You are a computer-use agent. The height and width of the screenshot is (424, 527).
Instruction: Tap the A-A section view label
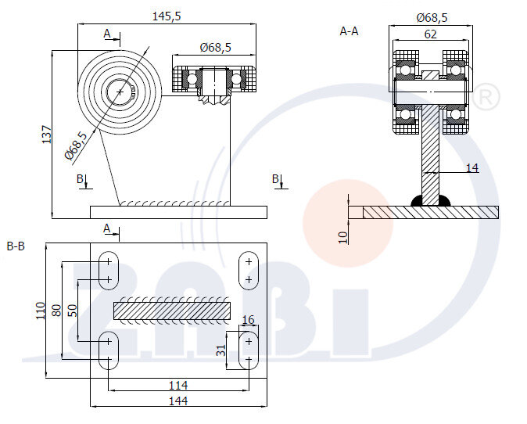pos(349,31)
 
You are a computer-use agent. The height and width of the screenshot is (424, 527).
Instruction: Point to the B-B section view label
pos(16,247)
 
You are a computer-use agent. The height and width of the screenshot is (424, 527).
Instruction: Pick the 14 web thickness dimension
pos(471,167)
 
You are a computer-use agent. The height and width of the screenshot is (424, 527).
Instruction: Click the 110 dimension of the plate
pos(41,311)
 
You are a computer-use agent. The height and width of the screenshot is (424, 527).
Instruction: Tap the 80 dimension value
pos(56,311)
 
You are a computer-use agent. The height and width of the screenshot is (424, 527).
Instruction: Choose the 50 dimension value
pos(73,311)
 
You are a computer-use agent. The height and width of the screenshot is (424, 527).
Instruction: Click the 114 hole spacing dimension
pos(177,384)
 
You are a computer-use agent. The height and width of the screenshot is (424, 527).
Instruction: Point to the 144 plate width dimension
pos(179,401)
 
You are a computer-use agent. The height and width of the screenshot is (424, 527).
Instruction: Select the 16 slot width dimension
pos(248,320)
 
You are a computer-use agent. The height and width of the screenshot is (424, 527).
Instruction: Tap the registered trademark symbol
pos(486,97)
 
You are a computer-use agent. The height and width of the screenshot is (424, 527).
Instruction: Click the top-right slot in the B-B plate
pos(249,269)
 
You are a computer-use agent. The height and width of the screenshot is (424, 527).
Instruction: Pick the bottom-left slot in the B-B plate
pos(108,350)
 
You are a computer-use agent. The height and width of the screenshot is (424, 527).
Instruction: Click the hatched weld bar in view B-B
pos(172,311)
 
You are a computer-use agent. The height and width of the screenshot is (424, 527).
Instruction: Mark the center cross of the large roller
pos(120,92)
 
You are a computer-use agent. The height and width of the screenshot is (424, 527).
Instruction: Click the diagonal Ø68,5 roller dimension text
pos(77,146)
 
